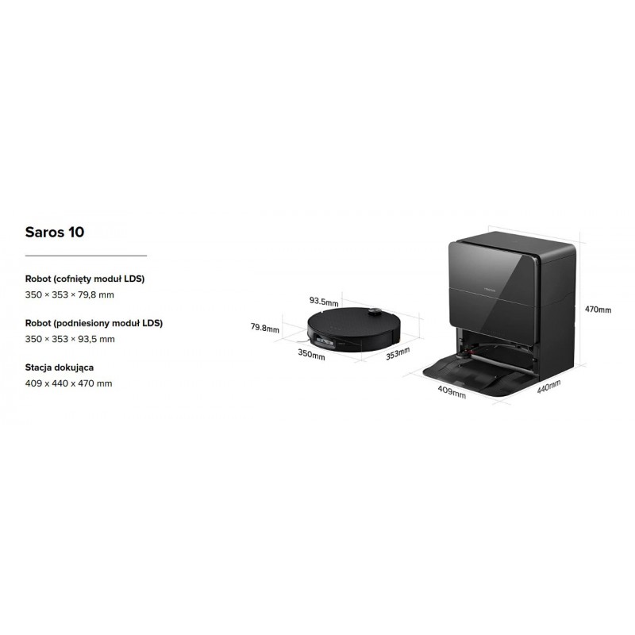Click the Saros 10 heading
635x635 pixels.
[x=55, y=232]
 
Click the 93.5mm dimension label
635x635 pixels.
[x=324, y=302]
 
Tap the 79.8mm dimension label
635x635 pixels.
[x=265, y=328]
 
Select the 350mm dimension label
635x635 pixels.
[x=311, y=354]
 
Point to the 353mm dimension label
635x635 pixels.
[x=398, y=353]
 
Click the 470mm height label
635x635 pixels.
[x=598, y=310]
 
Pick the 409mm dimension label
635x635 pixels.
[x=452, y=391]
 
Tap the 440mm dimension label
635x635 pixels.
[x=548, y=387]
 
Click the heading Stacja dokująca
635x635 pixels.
[x=60, y=368]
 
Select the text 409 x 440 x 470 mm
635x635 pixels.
[x=69, y=383]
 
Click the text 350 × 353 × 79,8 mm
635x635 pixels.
[x=70, y=294]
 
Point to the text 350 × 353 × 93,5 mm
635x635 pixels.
[x=70, y=339]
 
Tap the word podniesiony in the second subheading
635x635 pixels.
[x=83, y=323]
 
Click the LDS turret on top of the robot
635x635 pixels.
[x=375, y=312]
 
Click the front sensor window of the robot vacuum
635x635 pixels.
[x=325, y=342]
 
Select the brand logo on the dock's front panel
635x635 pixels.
[x=490, y=290]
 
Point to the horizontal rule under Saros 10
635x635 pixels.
[x=86, y=256]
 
